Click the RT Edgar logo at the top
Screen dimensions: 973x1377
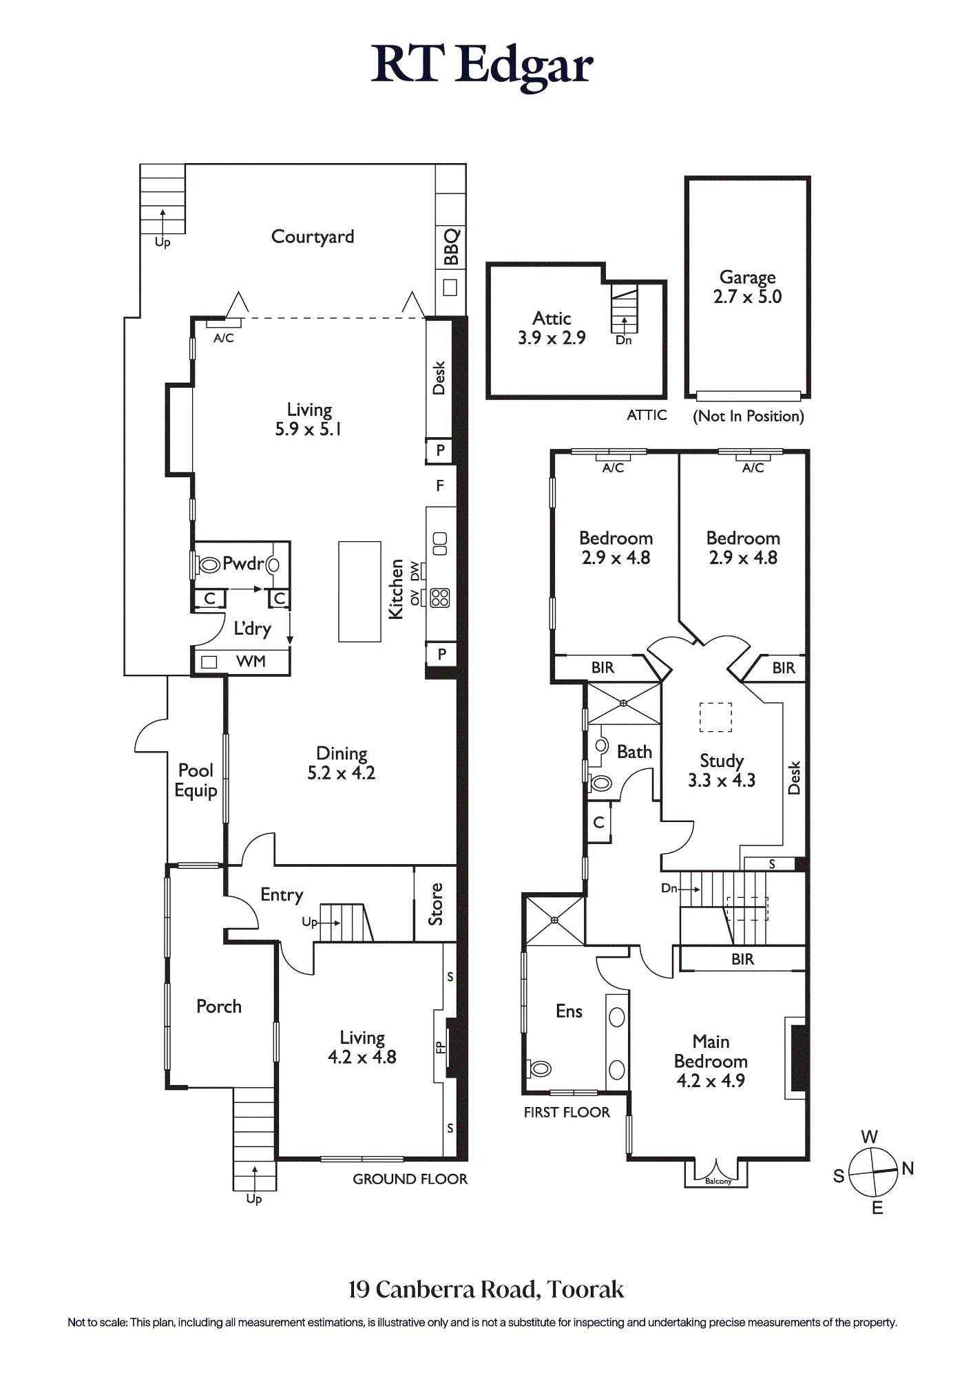[x=482, y=66]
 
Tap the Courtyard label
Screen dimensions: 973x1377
[x=313, y=237]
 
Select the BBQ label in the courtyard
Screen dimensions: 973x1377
[x=451, y=246]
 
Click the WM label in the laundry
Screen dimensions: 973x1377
[x=251, y=662]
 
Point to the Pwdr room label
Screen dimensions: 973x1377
[x=243, y=564]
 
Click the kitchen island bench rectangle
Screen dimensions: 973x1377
[x=359, y=591]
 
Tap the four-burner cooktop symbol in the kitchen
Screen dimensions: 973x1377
[x=440, y=598]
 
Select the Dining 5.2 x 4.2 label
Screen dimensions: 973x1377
[x=342, y=763]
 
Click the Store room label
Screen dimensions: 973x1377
[x=435, y=904]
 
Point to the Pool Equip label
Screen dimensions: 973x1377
[x=196, y=780]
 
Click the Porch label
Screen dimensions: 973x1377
[x=219, y=1007]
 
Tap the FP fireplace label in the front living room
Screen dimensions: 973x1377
[x=440, y=1047]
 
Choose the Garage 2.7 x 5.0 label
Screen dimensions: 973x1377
[x=747, y=287]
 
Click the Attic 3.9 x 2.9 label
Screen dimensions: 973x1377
[x=552, y=328]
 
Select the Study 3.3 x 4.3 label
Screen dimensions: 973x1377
[x=722, y=770]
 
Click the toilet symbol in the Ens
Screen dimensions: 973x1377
[x=539, y=1069]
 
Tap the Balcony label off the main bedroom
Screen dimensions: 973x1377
[x=718, y=1181]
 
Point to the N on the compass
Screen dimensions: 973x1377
[x=908, y=1168]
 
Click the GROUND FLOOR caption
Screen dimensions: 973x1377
[x=410, y=1179]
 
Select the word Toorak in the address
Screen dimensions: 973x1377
[x=585, y=1290]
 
